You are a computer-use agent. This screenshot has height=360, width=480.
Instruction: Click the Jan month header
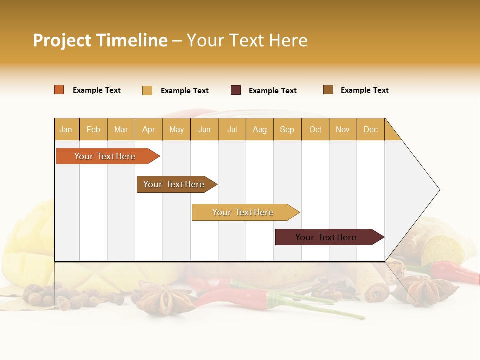point(66,129)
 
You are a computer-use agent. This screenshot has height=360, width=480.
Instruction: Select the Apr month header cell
point(149,129)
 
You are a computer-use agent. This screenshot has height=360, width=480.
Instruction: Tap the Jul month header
point(232,129)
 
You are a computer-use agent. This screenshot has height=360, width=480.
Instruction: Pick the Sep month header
point(287,129)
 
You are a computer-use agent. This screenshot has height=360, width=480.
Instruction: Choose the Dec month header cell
point(370,129)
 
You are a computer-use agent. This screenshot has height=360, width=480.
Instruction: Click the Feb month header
point(93,129)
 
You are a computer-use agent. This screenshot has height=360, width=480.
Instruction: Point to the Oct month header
point(315,129)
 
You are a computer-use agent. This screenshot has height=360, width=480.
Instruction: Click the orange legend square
point(59,90)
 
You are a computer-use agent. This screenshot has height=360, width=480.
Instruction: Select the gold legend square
point(147,90)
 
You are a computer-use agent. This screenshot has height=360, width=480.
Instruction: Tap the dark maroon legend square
point(236,90)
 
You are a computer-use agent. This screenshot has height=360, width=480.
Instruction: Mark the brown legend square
point(328,90)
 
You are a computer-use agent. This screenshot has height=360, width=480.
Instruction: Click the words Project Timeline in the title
point(100,40)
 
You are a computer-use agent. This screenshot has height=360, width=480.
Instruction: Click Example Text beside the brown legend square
point(364,90)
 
